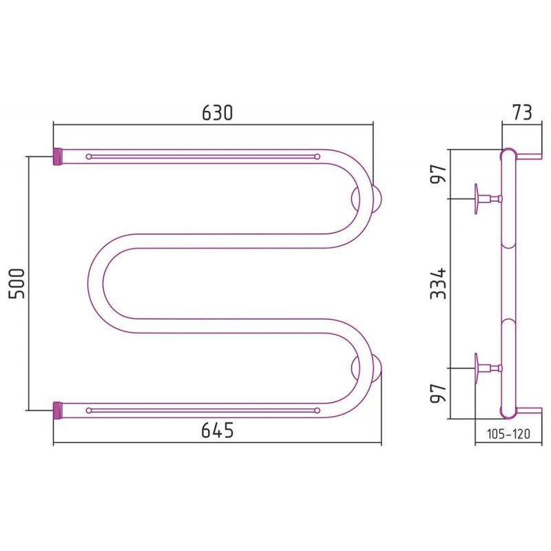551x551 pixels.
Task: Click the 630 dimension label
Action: point(217,113)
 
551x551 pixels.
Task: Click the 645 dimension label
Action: point(217,429)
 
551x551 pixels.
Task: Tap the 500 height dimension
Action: point(17,283)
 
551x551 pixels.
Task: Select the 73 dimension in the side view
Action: point(522,113)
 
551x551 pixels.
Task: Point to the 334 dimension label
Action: point(438,283)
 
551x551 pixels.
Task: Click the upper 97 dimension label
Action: point(438,174)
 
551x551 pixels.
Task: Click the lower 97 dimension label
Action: point(438,393)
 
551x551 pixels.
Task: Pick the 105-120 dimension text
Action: point(508,434)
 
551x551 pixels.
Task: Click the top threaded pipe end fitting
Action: point(57,156)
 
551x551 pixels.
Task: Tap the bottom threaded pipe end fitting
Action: point(57,410)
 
